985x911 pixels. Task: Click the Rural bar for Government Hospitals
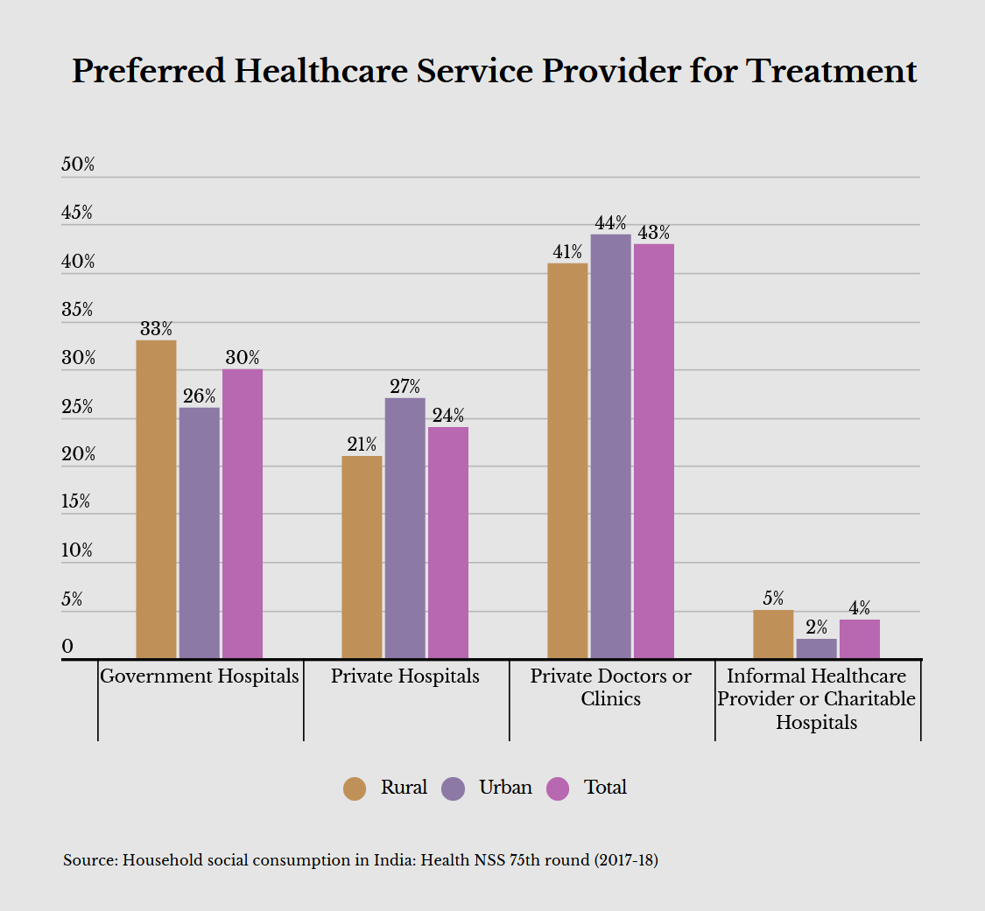[156, 499]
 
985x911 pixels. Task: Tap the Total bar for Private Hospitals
[448, 543]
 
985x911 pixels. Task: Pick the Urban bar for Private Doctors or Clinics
[610, 446]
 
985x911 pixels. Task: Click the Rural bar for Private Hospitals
[362, 557]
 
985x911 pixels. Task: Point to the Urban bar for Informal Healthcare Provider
[816, 648]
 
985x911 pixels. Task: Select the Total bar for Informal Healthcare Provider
[860, 639]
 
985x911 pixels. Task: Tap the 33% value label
[156, 329]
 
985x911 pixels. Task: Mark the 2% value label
[816, 627]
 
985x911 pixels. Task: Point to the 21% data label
[362, 445]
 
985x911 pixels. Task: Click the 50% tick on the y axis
[78, 165]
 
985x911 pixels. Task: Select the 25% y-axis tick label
[78, 407]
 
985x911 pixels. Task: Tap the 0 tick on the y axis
[67, 647]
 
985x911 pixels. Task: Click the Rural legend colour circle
[355, 788]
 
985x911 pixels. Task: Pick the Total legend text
[605, 788]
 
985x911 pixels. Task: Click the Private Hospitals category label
[405, 676]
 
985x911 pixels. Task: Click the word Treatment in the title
[832, 71]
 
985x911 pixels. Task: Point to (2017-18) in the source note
[626, 860]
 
